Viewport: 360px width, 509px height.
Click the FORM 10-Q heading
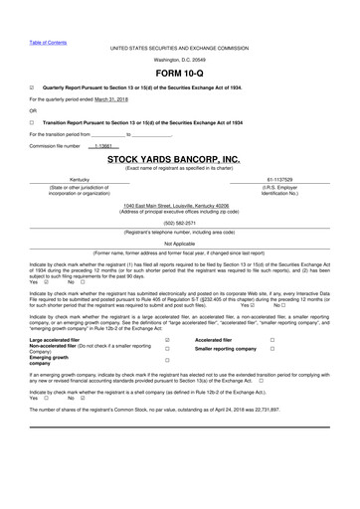click(179, 73)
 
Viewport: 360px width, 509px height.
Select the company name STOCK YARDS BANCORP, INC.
click(179, 159)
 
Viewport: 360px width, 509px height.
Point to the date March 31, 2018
click(110, 99)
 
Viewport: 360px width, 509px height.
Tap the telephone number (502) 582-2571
click(179, 225)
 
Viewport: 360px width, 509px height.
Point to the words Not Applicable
click(179, 243)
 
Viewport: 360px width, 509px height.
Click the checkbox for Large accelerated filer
click(167, 342)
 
